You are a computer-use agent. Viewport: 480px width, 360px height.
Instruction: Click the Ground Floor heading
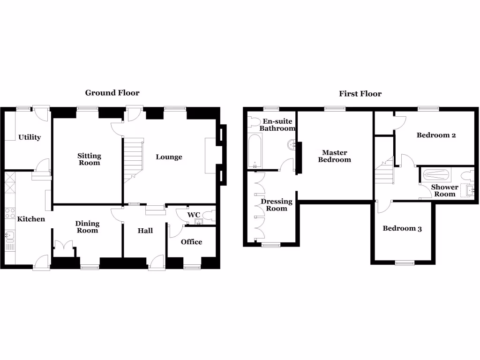tap(112, 93)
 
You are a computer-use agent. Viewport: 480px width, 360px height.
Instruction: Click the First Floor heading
tap(360, 94)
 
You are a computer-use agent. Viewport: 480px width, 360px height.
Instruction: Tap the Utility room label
tap(30, 137)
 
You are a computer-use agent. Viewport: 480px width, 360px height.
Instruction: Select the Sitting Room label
tap(89, 159)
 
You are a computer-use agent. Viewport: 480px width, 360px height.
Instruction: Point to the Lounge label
tap(169, 157)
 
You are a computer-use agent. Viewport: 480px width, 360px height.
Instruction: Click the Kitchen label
tap(31, 219)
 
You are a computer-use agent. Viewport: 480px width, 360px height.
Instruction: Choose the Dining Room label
tap(87, 227)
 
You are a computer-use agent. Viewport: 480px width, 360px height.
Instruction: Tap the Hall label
tap(145, 231)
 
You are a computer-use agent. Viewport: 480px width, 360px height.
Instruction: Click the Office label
tap(191, 242)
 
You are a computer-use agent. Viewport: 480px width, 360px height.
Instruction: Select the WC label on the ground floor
tap(194, 215)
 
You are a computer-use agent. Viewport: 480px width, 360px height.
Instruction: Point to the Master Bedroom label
tap(334, 156)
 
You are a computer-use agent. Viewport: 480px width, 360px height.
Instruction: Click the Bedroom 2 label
tap(436, 135)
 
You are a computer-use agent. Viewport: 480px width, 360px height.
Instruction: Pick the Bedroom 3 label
tap(402, 229)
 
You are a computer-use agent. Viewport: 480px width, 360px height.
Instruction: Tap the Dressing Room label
tap(276, 205)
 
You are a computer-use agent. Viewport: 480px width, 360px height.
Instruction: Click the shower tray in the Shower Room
tap(436, 175)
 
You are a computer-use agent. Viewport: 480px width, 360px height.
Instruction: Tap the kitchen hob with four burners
tap(10, 214)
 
